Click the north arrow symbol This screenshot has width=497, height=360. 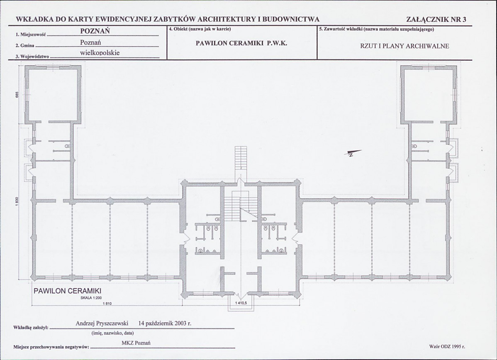(353, 153)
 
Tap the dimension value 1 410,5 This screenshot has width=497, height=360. (241, 303)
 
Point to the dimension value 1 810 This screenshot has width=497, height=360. (107, 304)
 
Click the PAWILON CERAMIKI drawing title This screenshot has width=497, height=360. (67, 291)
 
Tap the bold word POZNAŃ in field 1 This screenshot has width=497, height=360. (95, 31)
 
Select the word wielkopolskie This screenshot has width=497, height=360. (100, 53)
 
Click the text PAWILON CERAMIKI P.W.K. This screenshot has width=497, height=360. (241, 44)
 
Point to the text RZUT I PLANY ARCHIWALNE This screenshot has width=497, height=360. (404, 46)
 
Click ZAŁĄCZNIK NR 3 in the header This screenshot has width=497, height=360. (436, 20)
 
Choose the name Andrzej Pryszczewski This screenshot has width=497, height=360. (102, 323)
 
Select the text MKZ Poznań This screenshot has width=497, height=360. (136, 343)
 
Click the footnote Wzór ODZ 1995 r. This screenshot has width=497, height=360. (447, 347)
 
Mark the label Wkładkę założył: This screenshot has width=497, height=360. (31, 328)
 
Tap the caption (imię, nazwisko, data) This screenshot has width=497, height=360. (112, 333)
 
